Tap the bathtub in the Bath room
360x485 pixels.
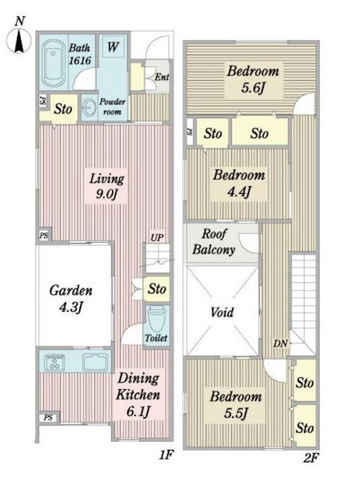click(x=53, y=64)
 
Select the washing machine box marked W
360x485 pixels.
click(x=113, y=47)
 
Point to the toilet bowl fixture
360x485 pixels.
click(x=156, y=319)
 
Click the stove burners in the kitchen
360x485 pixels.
click(x=55, y=362)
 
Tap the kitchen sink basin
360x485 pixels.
click(x=95, y=361)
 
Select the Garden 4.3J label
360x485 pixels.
click(x=71, y=299)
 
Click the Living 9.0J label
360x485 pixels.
click(x=107, y=186)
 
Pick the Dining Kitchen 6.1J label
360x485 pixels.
click(x=138, y=395)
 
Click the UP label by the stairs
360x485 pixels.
click(x=157, y=238)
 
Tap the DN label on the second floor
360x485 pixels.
click(x=280, y=343)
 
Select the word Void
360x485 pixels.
click(x=222, y=312)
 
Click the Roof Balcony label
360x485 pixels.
click(x=214, y=241)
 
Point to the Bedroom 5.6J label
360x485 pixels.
click(x=253, y=79)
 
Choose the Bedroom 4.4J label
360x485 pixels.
click(x=239, y=183)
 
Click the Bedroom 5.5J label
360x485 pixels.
click(x=236, y=404)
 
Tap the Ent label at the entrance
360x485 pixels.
click(x=162, y=77)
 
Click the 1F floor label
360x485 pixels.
click(x=166, y=455)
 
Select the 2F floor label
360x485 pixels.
click(x=310, y=458)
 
